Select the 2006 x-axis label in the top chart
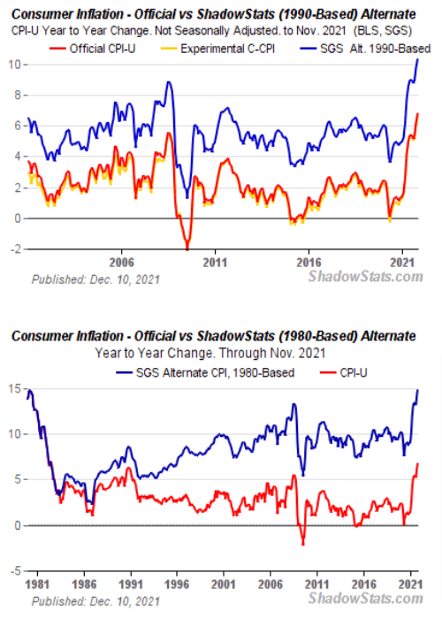click(121, 263)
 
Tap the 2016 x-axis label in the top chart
click(309, 263)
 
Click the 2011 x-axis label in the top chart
click(215, 263)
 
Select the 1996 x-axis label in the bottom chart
click(178, 585)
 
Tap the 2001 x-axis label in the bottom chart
click(225, 585)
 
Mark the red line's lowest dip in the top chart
click(187, 248)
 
